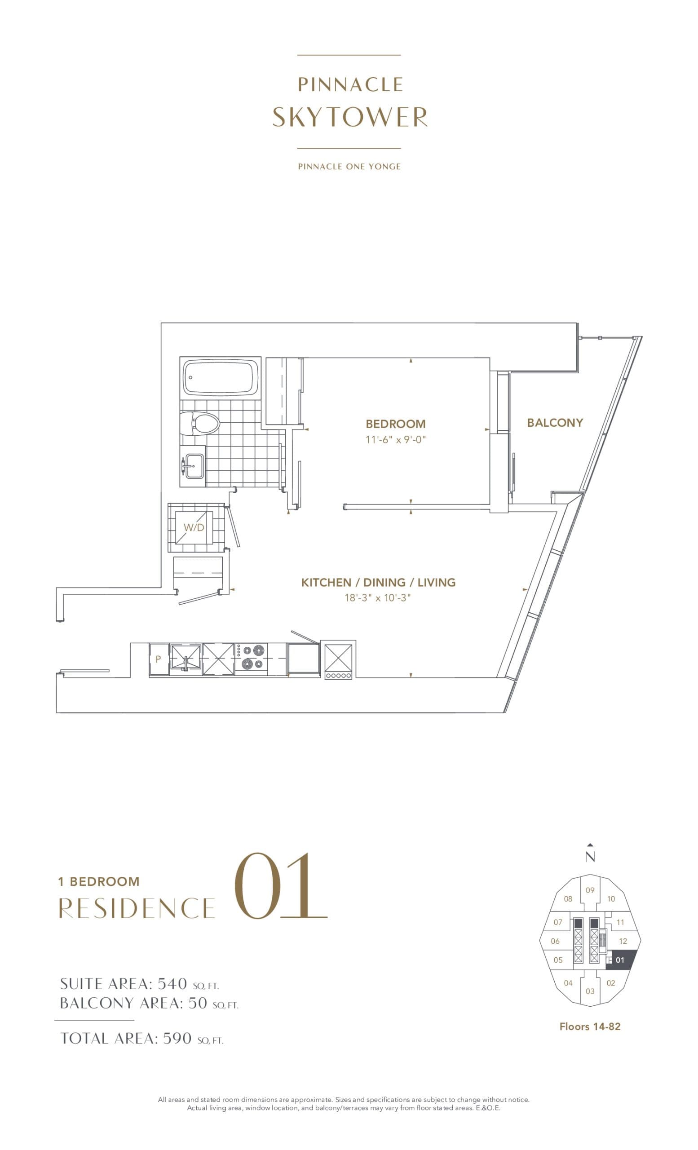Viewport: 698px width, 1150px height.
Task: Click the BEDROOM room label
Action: (x=395, y=424)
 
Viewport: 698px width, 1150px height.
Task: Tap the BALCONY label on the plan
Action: (x=555, y=422)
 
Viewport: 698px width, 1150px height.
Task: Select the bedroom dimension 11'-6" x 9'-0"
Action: (x=395, y=440)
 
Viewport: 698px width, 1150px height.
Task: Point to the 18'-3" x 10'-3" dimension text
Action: (x=377, y=598)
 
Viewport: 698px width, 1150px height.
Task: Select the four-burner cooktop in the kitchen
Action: (x=251, y=657)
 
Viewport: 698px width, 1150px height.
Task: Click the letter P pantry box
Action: (x=158, y=659)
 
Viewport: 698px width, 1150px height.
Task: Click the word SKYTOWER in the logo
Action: (x=349, y=117)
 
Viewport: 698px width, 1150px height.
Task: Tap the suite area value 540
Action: (x=172, y=983)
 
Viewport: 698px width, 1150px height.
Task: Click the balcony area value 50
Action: (x=197, y=1003)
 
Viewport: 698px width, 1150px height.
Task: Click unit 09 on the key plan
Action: (x=590, y=890)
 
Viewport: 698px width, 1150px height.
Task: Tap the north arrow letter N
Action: (x=590, y=856)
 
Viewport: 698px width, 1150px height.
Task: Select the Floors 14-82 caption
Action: (x=590, y=1026)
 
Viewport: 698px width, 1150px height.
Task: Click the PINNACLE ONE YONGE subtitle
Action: (x=349, y=166)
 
